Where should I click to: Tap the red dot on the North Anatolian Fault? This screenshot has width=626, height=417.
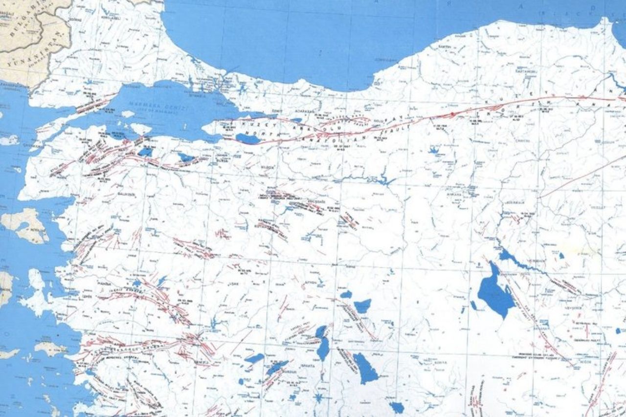(452, 114)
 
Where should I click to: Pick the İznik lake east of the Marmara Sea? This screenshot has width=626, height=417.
(247, 139)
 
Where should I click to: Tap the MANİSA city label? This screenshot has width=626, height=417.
(105, 284)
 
